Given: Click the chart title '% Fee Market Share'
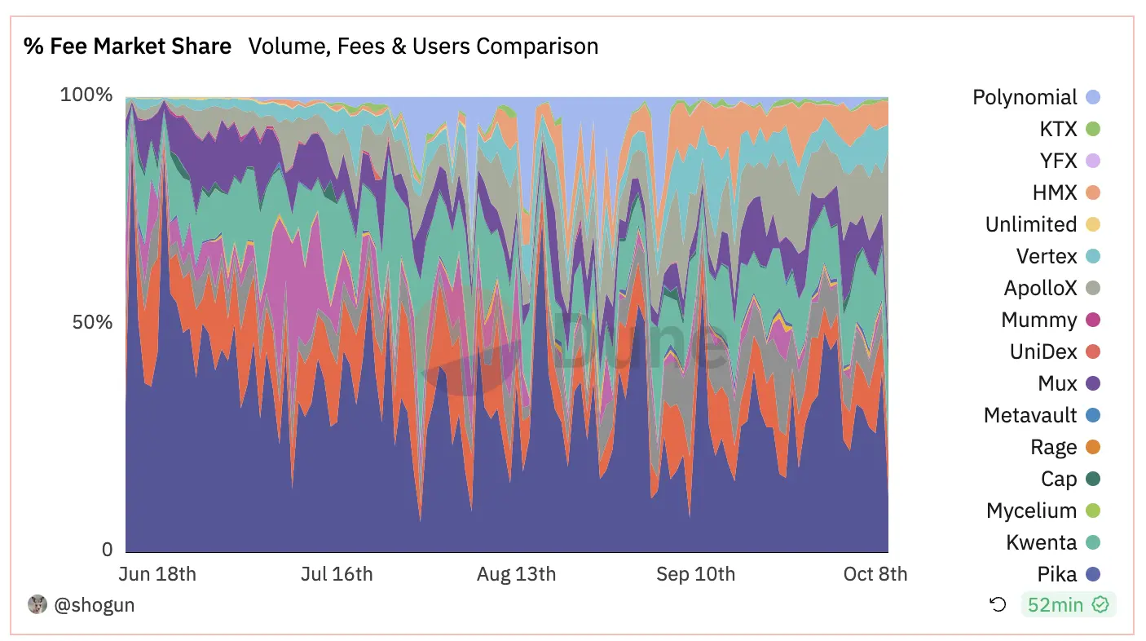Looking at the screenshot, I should (x=127, y=46).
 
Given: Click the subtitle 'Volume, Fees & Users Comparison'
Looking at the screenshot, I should (x=423, y=46).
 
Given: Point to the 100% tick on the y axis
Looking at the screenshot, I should (x=86, y=95).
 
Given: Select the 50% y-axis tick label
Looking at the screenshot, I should (x=91, y=322).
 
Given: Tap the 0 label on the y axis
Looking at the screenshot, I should (x=107, y=550).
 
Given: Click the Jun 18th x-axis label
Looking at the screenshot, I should (x=157, y=574).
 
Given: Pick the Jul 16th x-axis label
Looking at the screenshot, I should (x=337, y=574).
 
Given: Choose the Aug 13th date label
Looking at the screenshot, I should (x=516, y=574).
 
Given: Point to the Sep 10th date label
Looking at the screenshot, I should (x=695, y=574).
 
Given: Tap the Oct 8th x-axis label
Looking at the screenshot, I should (x=875, y=574).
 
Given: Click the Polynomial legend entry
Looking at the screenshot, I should (x=1025, y=98).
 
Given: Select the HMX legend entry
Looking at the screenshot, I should (x=1054, y=193).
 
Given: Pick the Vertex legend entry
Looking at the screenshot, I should (x=1047, y=257).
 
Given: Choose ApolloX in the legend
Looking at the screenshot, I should (x=1040, y=289).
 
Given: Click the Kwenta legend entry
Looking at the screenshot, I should (x=1042, y=543).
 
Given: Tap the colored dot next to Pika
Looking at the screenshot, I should (x=1093, y=575).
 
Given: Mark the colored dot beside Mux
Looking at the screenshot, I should (x=1093, y=384).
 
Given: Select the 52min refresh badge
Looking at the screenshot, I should (x=1068, y=605).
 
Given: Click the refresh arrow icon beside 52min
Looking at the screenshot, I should (x=998, y=605).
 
